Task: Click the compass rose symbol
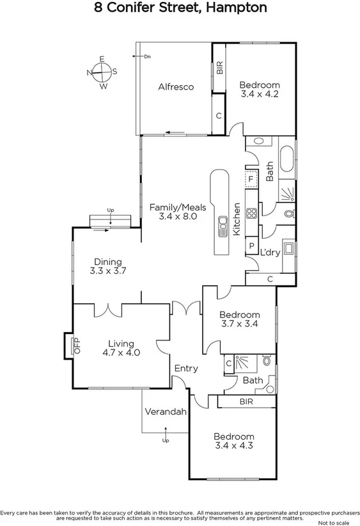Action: pyautogui.click(x=102, y=72)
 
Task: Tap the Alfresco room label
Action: pyautogui.click(x=176, y=87)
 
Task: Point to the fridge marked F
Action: pyautogui.click(x=251, y=179)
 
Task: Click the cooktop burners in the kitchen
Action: pyautogui.click(x=251, y=214)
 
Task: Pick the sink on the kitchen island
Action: pyautogui.click(x=223, y=226)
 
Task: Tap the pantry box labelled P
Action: pyautogui.click(x=251, y=246)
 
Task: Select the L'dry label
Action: pyautogui.click(x=270, y=252)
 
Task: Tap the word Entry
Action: pyautogui.click(x=186, y=369)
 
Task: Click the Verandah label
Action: pyautogui.click(x=165, y=411)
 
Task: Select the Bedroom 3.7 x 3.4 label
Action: pyautogui.click(x=239, y=319)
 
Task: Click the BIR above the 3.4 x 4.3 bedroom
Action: pyautogui.click(x=245, y=402)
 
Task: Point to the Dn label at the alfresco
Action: pyautogui.click(x=146, y=57)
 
